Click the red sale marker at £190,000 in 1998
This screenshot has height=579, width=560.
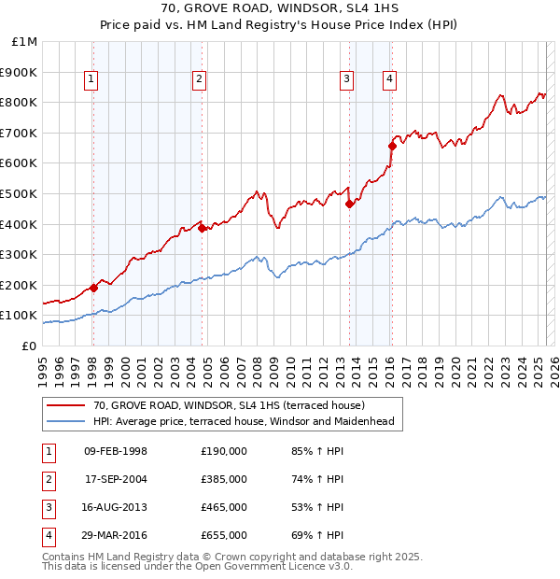point(93,288)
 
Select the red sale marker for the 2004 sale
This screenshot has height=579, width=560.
point(202,227)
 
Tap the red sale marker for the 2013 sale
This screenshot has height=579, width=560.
point(349,203)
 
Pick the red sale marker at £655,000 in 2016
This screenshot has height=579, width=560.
point(392,146)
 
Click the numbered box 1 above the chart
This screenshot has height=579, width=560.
point(91,79)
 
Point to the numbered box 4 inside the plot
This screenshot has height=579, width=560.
point(387,79)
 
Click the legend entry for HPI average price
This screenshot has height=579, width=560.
point(244,421)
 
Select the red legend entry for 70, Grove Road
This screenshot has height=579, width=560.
point(234,404)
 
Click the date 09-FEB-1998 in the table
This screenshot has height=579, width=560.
point(116,451)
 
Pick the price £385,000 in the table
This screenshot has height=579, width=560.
point(224,479)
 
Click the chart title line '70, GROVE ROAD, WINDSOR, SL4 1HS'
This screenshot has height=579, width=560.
point(279,10)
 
